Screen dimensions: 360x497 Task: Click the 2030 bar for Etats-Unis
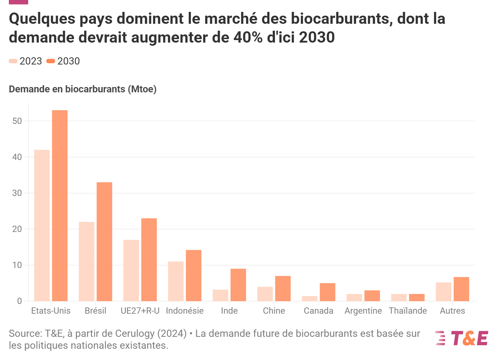60,205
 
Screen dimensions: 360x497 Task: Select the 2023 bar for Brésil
86,261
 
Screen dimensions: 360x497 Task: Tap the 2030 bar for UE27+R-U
149,260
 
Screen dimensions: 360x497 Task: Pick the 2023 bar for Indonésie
176,281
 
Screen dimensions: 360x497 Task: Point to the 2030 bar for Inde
238,285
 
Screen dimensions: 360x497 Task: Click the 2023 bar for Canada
310,299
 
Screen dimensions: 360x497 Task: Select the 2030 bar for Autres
461,289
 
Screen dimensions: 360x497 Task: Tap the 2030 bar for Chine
283,288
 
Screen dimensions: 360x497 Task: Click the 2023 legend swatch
13,61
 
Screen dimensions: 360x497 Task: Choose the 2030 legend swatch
51,61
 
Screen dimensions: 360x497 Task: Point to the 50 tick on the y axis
17,121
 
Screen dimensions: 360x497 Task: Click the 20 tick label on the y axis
17,229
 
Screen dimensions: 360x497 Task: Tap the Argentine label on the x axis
363,311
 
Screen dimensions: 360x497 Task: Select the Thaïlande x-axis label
408,311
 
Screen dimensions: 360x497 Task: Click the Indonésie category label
185,311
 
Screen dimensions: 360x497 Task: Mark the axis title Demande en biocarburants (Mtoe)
83,89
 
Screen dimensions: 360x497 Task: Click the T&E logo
462,338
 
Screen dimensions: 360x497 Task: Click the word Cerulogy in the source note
135,333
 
